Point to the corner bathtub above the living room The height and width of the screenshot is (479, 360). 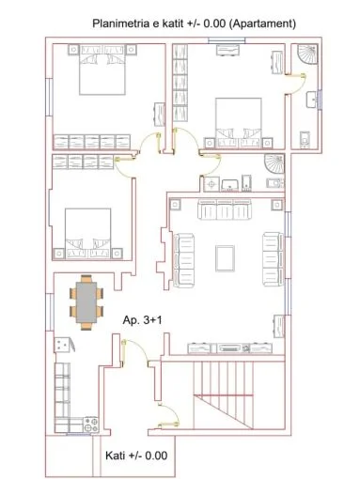[273, 164]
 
